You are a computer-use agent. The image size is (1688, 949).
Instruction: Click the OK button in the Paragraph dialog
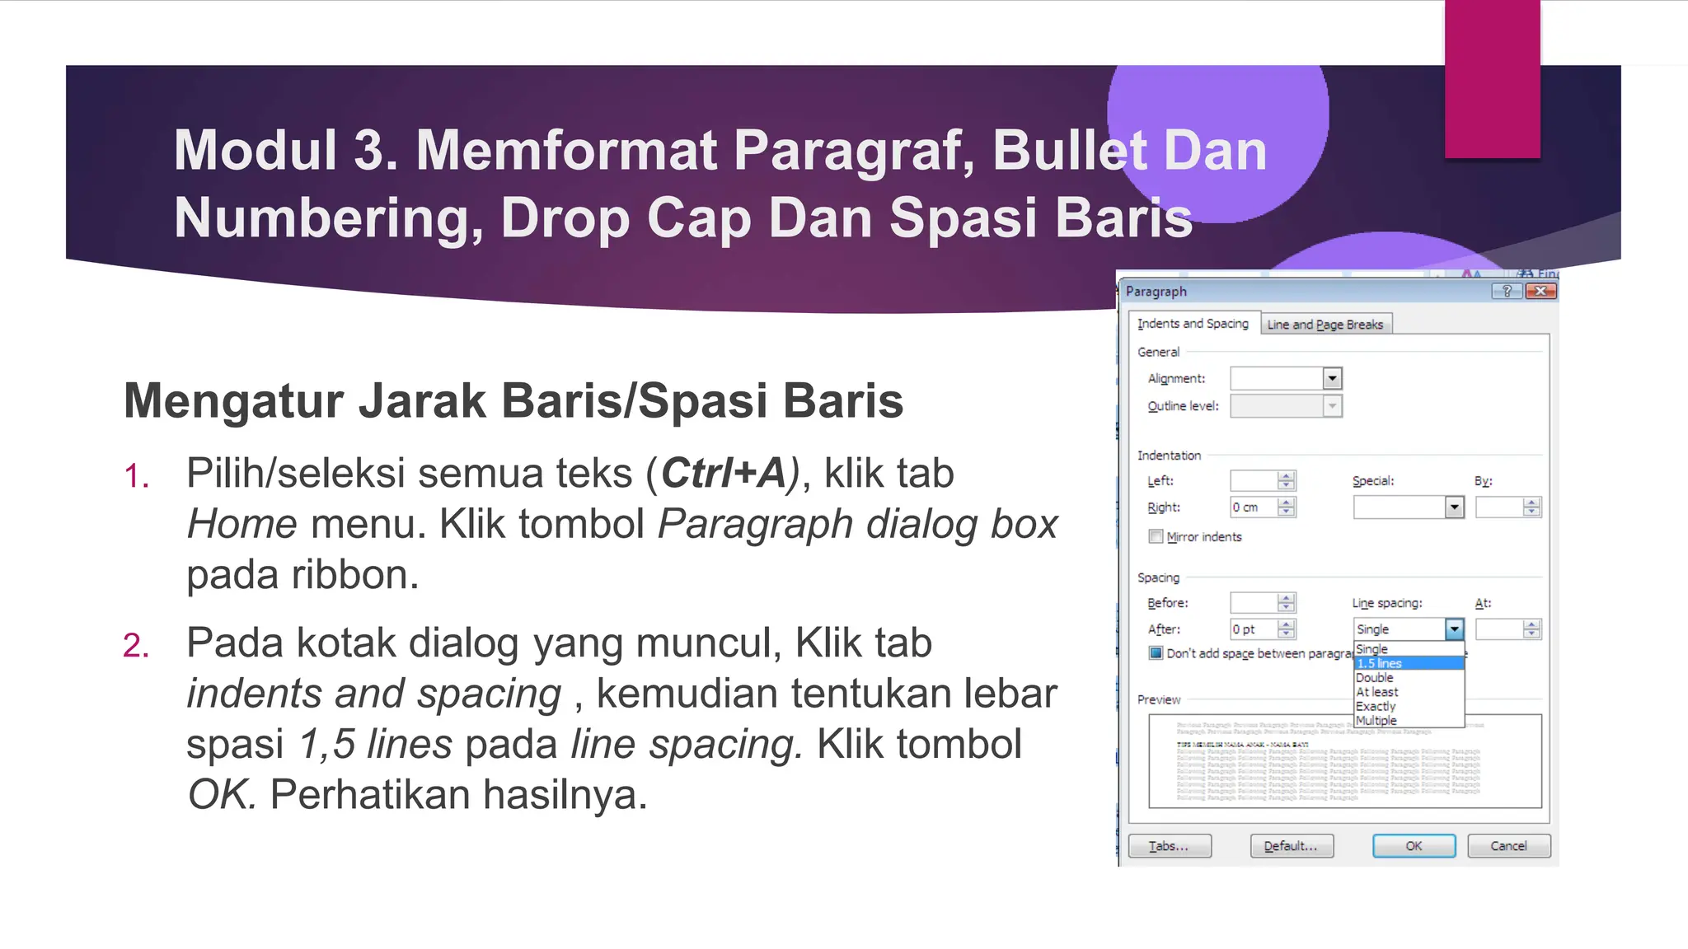(x=1414, y=846)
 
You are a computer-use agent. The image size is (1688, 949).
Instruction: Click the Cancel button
(x=1508, y=846)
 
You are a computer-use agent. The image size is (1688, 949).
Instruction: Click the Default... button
(x=1291, y=846)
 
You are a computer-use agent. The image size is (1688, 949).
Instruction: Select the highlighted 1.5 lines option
(x=1408, y=663)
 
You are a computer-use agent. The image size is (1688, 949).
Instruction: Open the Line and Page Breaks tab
(x=1325, y=325)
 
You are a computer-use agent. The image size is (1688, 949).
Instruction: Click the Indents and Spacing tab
(x=1193, y=324)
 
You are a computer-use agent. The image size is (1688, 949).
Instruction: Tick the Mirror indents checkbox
(x=1156, y=537)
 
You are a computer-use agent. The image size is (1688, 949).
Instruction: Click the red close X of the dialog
(x=1540, y=291)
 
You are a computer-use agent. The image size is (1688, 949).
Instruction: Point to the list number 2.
(x=136, y=646)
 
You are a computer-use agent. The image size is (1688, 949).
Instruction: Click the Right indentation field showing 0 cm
(x=1253, y=507)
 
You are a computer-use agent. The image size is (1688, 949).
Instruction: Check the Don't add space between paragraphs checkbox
(x=1156, y=653)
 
